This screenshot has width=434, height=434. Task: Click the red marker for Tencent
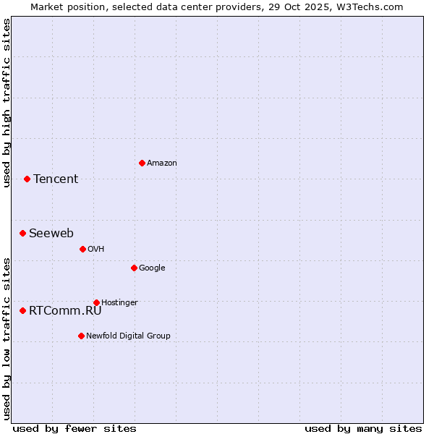pos(27,179)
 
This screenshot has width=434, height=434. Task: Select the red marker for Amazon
pos(142,163)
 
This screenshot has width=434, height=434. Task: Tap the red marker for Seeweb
pos(22,233)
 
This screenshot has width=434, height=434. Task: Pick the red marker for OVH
pos(82,249)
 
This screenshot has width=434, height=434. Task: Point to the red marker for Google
pos(134,268)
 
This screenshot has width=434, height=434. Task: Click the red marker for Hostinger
pos(96,302)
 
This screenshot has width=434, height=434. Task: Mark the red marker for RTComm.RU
pos(22,310)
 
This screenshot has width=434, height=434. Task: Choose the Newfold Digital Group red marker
pos(81,336)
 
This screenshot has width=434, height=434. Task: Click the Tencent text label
pos(56,179)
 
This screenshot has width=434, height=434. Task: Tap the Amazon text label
pos(162,163)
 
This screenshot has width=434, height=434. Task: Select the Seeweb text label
pos(51,234)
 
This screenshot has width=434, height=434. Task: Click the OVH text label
pos(96,250)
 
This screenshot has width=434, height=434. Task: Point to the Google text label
pos(152,268)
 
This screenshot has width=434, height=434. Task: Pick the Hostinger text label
pos(119,303)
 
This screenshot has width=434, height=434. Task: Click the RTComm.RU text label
pos(65,311)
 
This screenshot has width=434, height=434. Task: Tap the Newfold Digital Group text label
pos(128,336)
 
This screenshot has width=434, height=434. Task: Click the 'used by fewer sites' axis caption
pos(75,428)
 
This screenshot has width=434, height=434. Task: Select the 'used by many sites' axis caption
pos(363,428)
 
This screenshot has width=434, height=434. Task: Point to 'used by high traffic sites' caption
pos(7,103)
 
